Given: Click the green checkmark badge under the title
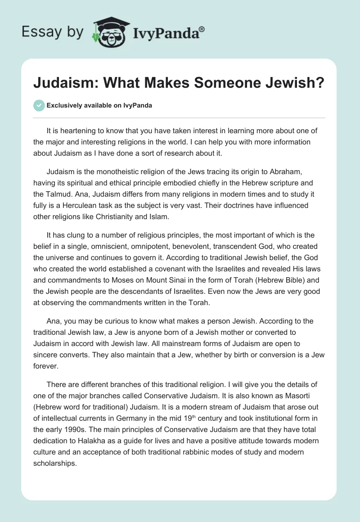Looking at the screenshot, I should [x=39, y=105].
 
